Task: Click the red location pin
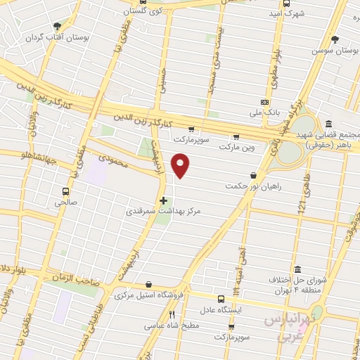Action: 181,165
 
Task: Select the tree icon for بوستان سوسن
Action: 335,39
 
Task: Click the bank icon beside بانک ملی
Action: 265,101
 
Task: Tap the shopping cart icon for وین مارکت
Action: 236,137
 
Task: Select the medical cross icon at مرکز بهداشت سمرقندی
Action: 164,200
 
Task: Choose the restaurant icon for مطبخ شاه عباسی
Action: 172,315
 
